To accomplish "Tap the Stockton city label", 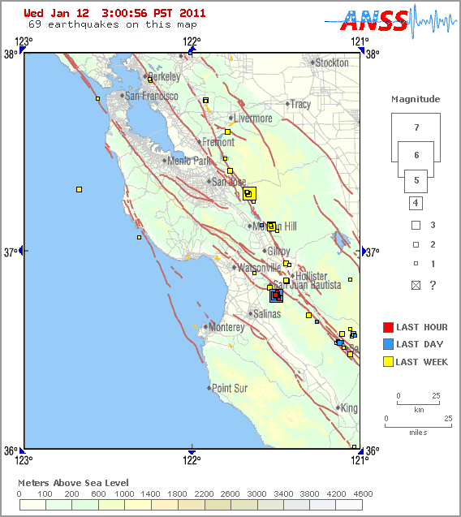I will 331,62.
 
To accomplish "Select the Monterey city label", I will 226,327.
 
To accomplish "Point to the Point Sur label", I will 229,388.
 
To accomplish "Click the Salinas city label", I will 267,313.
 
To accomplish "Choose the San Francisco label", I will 151,96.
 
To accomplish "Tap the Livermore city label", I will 252,118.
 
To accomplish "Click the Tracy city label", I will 300,104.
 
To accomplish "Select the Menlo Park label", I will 188,161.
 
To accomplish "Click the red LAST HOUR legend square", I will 388,327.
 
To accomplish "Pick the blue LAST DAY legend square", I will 388,344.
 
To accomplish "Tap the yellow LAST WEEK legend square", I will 388,362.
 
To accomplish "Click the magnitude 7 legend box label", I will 416,127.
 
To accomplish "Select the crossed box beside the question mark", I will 416,285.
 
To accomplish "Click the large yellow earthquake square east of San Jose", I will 248,193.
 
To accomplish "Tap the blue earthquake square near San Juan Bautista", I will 276,296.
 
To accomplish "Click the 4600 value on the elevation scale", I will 362,493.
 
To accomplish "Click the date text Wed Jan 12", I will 58,14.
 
